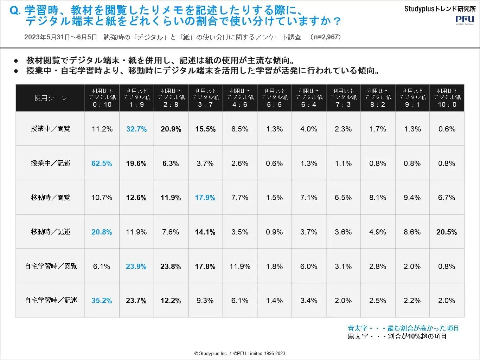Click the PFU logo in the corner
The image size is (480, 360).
click(465, 20)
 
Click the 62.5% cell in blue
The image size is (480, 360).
click(102, 163)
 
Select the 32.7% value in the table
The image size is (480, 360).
click(136, 129)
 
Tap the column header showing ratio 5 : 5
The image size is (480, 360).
click(274, 98)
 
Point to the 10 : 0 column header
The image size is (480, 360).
click(447, 98)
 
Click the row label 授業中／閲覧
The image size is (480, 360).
click(50, 129)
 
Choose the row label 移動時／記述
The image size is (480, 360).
click(50, 232)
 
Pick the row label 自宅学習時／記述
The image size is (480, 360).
click(50, 300)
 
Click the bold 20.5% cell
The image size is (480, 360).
click(447, 232)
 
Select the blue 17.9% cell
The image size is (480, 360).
click(205, 198)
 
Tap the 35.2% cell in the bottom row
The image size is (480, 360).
click(102, 301)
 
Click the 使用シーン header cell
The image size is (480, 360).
click(50, 98)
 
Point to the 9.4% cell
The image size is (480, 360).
click(412, 198)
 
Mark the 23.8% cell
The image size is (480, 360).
click(171, 266)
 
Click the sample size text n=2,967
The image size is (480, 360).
click(327, 37)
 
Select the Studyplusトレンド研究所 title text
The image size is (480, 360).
click(440, 9)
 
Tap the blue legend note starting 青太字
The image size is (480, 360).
click(403, 328)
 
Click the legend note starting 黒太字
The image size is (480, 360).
click(397, 336)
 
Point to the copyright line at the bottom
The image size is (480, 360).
click(240, 353)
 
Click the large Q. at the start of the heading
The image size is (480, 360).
click(15, 11)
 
